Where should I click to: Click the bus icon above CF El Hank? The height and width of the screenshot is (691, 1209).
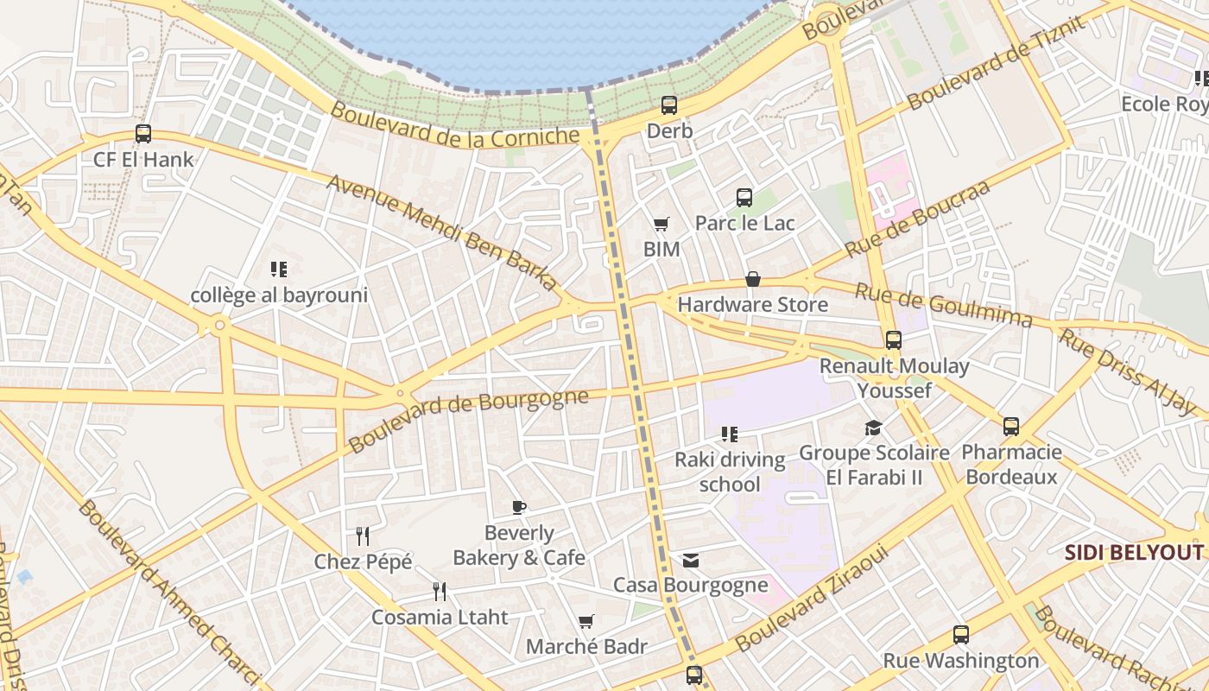point(143,134)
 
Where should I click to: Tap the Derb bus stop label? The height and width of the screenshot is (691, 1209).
point(669,131)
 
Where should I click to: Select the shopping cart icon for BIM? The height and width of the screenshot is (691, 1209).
point(661,225)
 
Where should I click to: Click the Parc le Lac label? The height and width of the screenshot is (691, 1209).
point(744,223)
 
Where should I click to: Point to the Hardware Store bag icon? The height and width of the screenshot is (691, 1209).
point(753,279)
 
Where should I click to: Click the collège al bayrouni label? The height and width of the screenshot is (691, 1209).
point(279,295)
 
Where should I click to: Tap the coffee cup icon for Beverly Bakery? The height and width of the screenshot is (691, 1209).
point(518,507)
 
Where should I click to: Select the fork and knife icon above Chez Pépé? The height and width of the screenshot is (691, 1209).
point(363,536)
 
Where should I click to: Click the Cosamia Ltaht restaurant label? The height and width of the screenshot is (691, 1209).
point(440,618)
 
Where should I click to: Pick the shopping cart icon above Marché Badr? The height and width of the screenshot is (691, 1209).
point(586,621)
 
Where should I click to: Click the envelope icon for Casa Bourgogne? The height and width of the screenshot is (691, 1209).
point(691,561)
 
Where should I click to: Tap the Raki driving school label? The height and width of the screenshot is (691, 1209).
point(730,472)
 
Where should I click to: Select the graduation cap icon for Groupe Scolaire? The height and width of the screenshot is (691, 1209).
point(874,428)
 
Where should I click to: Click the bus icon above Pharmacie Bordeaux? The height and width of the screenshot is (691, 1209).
point(1011,427)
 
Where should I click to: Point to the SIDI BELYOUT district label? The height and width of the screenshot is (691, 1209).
point(1133,553)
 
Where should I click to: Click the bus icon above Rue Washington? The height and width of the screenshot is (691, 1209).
point(961,635)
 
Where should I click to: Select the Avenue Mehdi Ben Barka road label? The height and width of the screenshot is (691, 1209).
point(442,231)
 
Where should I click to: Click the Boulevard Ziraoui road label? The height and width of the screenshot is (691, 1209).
point(811,599)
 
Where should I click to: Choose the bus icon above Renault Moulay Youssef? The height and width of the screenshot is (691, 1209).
point(894,340)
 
